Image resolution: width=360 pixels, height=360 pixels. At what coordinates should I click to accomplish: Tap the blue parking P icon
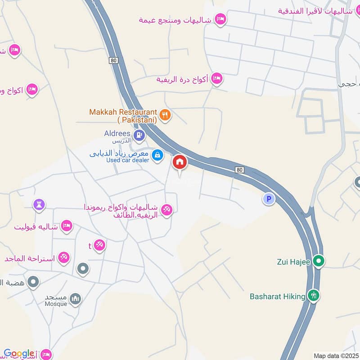[269, 199]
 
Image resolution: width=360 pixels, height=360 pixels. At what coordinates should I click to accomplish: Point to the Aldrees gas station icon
[139, 134]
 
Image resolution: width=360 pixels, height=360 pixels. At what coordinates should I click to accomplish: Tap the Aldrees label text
[117, 134]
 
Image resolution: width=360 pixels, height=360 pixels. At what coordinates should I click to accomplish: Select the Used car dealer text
[127, 160]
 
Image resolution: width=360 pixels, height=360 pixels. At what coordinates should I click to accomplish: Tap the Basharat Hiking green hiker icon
[313, 296]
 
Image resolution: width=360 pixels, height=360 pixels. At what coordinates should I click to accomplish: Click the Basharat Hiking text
[278, 297]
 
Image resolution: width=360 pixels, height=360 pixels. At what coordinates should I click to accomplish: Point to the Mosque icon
[76, 298]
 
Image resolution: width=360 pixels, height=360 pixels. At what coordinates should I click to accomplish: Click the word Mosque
[56, 304]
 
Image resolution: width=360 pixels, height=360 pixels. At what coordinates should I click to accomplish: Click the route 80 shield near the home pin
[240, 169]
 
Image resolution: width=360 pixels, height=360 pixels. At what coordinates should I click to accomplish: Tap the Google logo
[19, 354]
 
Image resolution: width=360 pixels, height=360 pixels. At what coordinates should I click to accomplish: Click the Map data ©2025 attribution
[335, 356]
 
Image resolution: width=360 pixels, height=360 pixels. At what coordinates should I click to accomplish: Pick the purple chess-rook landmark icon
[39, 205]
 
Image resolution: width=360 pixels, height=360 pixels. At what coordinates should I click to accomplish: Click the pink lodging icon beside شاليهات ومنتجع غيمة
[220, 19]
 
